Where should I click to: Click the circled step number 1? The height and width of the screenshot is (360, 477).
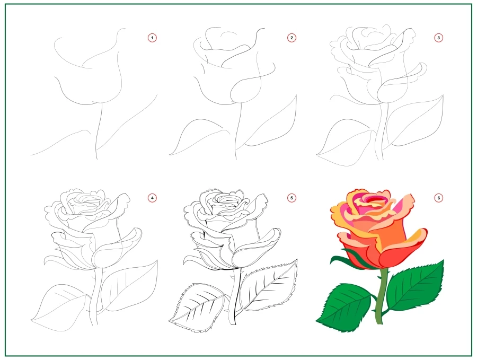click(152, 38)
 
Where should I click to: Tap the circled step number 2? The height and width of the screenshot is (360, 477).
click(291, 38)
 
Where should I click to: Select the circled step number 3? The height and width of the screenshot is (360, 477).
click(438, 38)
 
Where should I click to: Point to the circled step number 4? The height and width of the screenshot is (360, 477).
click(152, 198)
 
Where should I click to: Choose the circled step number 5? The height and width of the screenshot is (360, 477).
click(291, 198)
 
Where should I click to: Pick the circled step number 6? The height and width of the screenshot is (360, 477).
click(438, 198)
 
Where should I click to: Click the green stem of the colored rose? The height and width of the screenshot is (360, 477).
click(380, 302)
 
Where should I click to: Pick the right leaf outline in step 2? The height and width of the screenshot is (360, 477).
click(273, 125)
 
